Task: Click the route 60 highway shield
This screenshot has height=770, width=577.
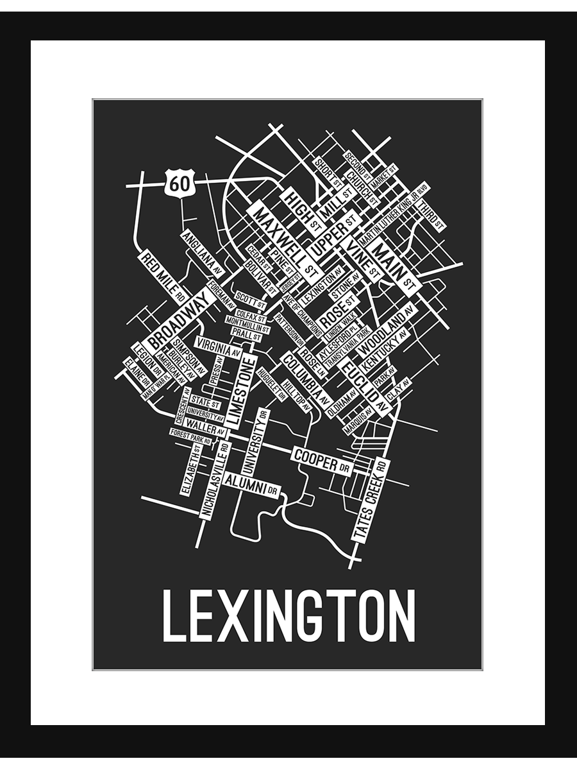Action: pos(179,184)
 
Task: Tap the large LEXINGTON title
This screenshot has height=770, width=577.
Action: pos(288,615)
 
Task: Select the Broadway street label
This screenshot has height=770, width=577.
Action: pos(180,319)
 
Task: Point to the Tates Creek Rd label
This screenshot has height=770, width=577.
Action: pos(371,499)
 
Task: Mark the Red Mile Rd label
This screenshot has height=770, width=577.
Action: pos(163,277)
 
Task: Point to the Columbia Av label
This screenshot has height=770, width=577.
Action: pos(303,377)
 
